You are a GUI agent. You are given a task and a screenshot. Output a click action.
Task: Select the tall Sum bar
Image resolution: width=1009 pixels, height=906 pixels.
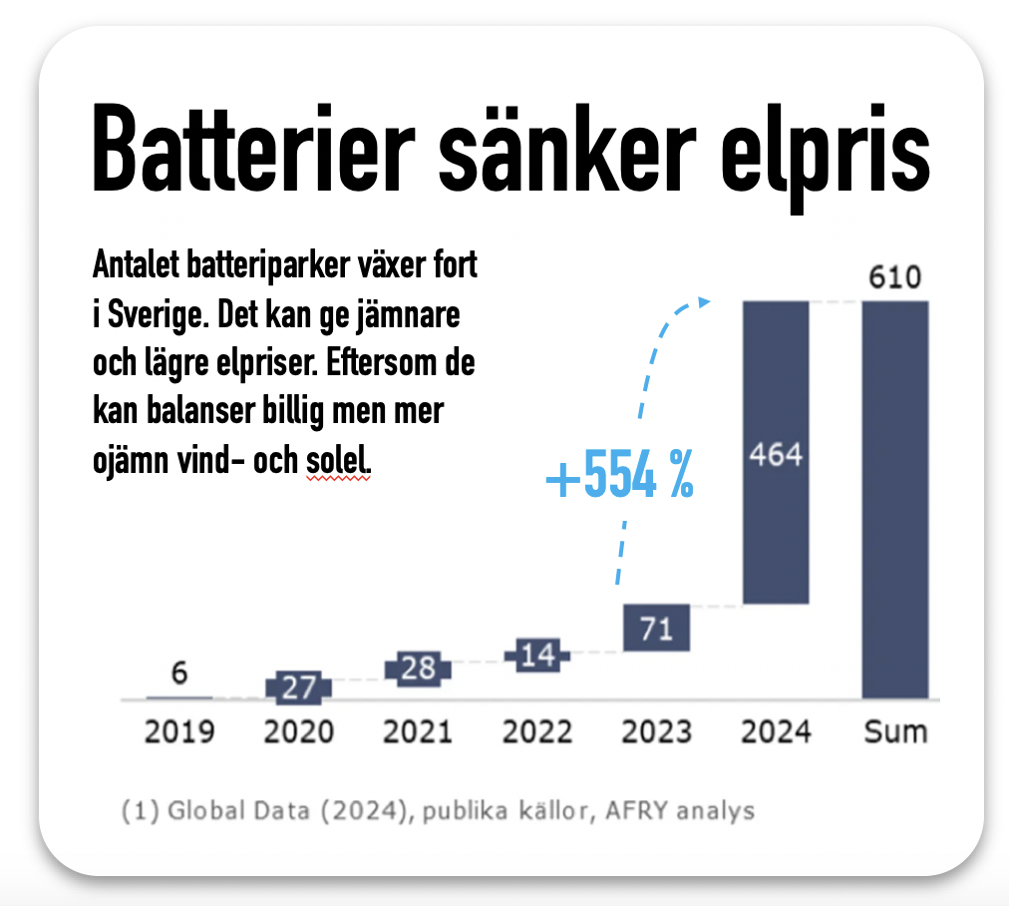pyautogui.click(x=895, y=499)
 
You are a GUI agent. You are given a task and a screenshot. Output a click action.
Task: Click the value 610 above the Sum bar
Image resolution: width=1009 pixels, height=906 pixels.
pyautogui.click(x=895, y=278)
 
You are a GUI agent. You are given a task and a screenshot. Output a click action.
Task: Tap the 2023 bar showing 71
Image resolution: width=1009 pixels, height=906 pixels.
pyautogui.click(x=656, y=628)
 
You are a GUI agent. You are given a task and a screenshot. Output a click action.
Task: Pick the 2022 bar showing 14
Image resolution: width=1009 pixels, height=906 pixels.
pyautogui.click(x=536, y=656)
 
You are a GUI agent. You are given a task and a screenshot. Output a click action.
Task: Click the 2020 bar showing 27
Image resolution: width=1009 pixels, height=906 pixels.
pyautogui.click(x=298, y=687)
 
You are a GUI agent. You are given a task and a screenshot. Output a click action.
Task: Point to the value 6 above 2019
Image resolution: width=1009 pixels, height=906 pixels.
pyautogui.click(x=179, y=674)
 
